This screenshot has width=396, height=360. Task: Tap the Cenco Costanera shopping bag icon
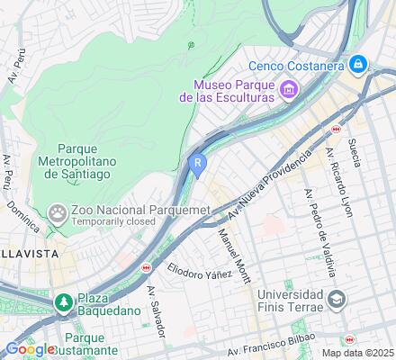(358, 64)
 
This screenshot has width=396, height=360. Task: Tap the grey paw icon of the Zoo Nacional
(58, 213)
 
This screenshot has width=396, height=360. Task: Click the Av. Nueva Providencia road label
(270, 183)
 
